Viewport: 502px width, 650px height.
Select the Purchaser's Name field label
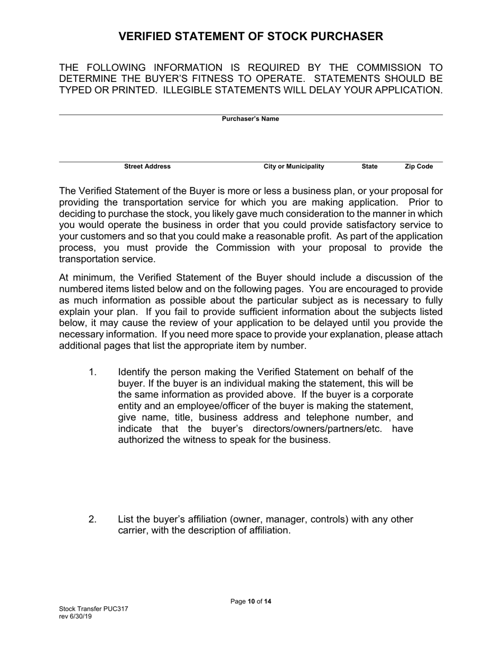250,119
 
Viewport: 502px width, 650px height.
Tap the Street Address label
147,166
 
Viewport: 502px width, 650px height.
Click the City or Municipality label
294,166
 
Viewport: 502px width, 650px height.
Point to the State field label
369,166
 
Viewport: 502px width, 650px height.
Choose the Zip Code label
419,166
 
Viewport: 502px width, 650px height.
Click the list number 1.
92,373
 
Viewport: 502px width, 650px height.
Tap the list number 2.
92,519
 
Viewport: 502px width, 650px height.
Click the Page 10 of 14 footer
251,601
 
